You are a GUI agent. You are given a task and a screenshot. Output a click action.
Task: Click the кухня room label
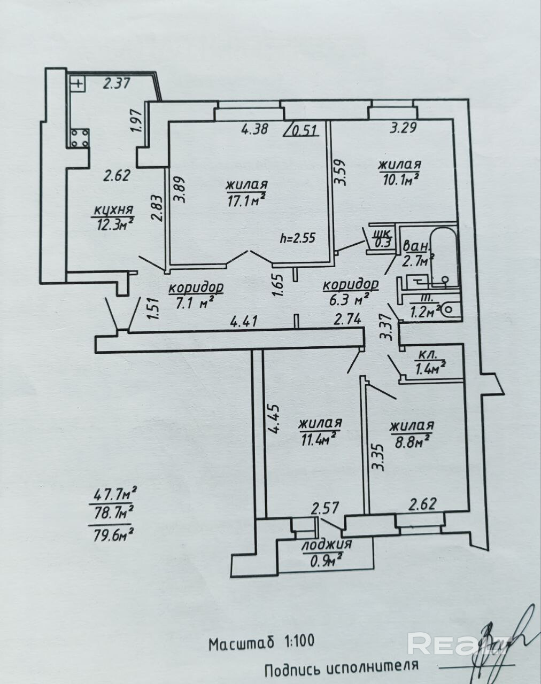pyautogui.click(x=113, y=210)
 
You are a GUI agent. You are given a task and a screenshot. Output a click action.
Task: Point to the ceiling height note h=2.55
pyautogui.click(x=298, y=238)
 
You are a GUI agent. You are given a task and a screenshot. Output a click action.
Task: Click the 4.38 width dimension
pyautogui.click(x=254, y=129)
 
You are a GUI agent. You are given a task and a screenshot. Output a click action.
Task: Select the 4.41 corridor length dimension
pyautogui.click(x=243, y=321)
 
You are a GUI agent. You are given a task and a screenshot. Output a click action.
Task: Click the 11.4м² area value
pyautogui.click(x=318, y=440)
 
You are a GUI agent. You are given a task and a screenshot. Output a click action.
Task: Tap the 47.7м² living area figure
pyautogui.click(x=113, y=592)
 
